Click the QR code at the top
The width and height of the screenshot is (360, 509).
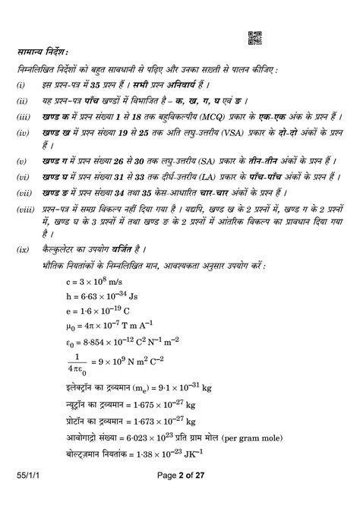pyautogui.click(x=255, y=38)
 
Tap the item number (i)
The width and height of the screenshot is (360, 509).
pyautogui.click(x=22, y=84)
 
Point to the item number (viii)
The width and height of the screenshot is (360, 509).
pyautogui.click(x=25, y=207)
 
